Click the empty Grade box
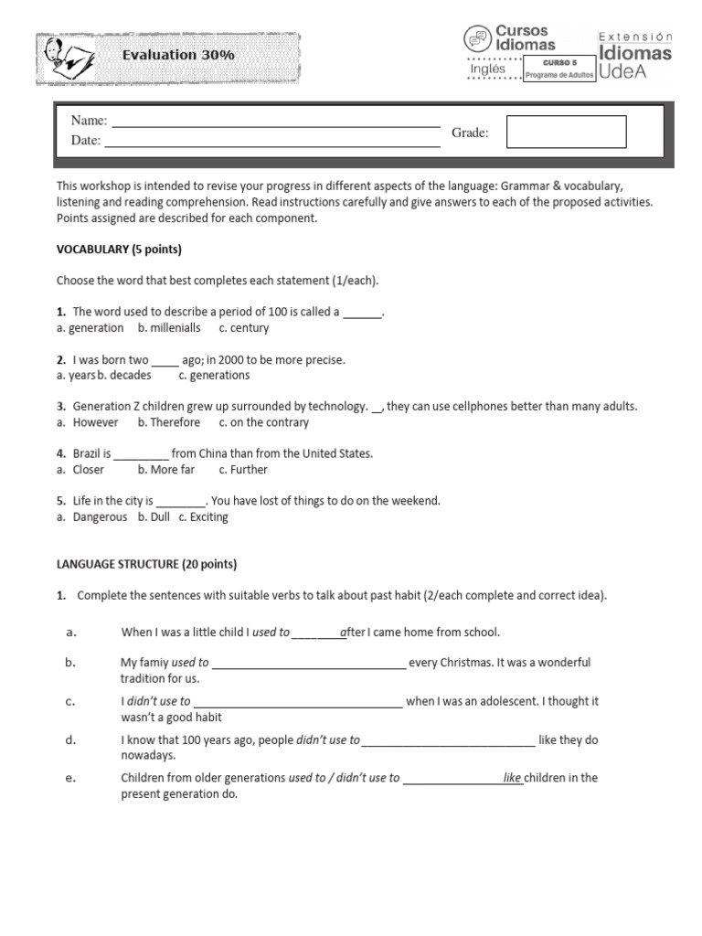pyautogui.click(x=566, y=132)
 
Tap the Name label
pyautogui.click(x=89, y=122)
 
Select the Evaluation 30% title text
pyautogui.click(x=178, y=56)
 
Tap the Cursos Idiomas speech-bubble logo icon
pyautogui.click(x=477, y=38)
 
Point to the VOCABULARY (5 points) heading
pyautogui.click(x=119, y=250)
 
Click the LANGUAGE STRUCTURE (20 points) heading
pyautogui.click(x=146, y=564)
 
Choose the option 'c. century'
pyautogui.click(x=243, y=328)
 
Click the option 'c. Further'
pyautogui.click(x=243, y=470)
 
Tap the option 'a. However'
pyautogui.click(x=87, y=422)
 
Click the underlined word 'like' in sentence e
pyautogui.click(x=512, y=778)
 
